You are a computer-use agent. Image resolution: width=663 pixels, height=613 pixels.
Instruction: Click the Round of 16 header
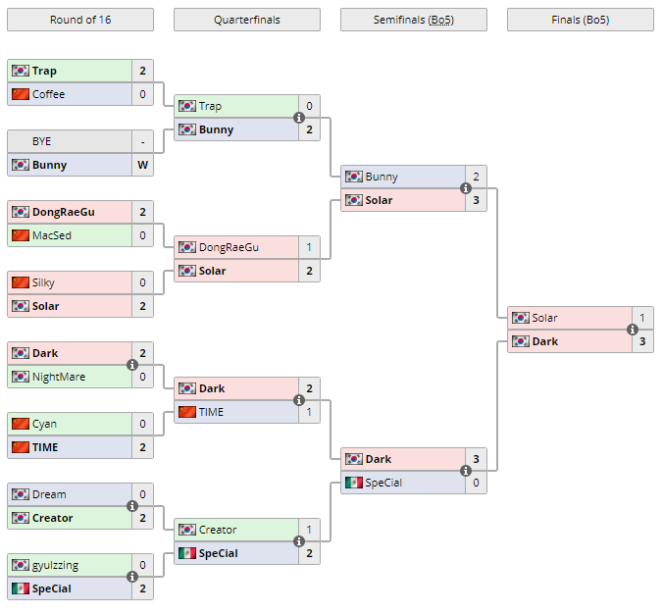pyautogui.click(x=79, y=20)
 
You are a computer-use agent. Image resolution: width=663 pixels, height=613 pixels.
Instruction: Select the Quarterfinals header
pyautogui.click(x=246, y=20)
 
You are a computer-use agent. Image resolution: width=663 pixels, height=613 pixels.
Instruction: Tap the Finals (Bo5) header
pyautogui.click(x=580, y=20)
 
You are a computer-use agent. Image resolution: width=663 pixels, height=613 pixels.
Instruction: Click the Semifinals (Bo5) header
pyautogui.click(x=413, y=20)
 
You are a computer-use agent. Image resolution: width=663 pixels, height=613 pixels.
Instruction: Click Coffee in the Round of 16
pyautogui.click(x=48, y=94)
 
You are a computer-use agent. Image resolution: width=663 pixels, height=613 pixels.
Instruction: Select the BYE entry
pyautogui.click(x=41, y=141)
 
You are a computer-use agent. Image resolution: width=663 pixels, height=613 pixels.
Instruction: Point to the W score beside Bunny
pyautogui.click(x=142, y=165)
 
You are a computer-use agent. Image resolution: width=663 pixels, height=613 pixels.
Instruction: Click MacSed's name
pyautogui.click(x=51, y=235)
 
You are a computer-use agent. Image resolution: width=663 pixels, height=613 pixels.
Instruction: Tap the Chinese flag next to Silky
pyautogui.click(x=20, y=282)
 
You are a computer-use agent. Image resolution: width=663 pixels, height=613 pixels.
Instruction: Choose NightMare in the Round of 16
pyautogui.click(x=57, y=377)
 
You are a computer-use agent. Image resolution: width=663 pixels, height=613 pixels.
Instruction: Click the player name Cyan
pyautogui.click(x=44, y=424)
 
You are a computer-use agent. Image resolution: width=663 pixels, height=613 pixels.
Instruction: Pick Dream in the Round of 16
pyautogui.click(x=49, y=494)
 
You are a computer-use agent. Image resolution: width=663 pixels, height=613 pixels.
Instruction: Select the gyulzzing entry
pyautogui.click(x=55, y=565)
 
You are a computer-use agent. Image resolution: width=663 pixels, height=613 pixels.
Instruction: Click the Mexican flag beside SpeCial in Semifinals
pyautogui.click(x=353, y=483)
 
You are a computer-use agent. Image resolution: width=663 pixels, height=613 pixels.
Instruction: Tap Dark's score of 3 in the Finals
pyautogui.click(x=642, y=341)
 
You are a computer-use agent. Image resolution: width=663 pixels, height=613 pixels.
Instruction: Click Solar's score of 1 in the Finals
pyautogui.click(x=642, y=318)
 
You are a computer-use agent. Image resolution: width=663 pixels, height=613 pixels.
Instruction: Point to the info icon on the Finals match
pyautogui.click(x=633, y=330)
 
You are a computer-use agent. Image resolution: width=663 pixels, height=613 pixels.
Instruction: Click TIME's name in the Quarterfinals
pyautogui.click(x=211, y=412)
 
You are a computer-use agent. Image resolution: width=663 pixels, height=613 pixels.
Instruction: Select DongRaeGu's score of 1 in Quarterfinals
pyautogui.click(x=309, y=247)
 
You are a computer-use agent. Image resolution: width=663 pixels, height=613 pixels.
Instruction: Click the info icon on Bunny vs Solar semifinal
pyautogui.click(x=466, y=188)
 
